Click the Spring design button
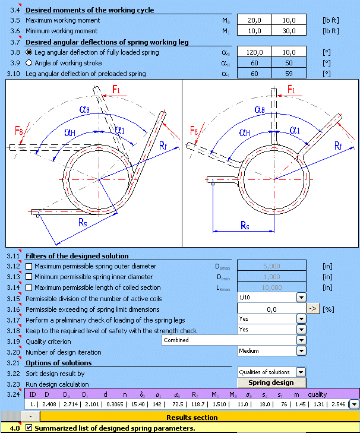pyautogui.click(x=270, y=383)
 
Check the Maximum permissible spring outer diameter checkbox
pyautogui.click(x=29, y=266)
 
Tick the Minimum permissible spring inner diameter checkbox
pyautogui.click(x=29, y=277)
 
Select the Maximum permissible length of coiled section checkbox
pyautogui.click(x=29, y=287)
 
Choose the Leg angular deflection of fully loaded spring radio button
pyautogui.click(x=29, y=52)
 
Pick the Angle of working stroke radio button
pyautogui.click(x=29, y=63)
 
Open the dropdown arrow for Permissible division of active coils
pyautogui.click(x=301, y=298)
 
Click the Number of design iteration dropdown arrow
pyautogui.click(x=301, y=352)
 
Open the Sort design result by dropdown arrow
pyautogui.click(x=301, y=372)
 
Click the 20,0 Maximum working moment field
pyautogui.click(x=254, y=20)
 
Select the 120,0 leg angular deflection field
pyautogui.click(x=254, y=52)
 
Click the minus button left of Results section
pyautogui.click(x=30, y=417)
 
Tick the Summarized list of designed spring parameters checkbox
pyautogui.click(x=29, y=428)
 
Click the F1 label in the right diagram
pyautogui.click(x=291, y=90)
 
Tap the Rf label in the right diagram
pyautogui.click(x=338, y=146)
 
